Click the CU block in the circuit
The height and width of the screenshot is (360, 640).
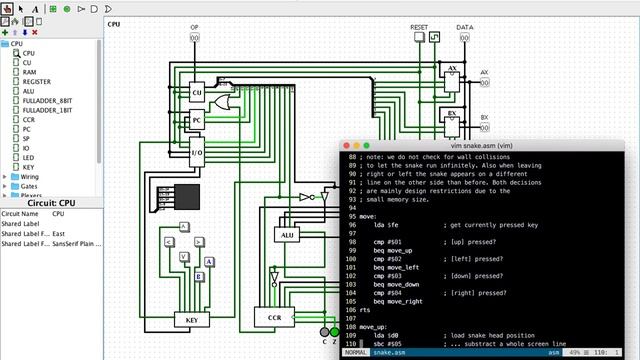pyautogui.click(x=197, y=92)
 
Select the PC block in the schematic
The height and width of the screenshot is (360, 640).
pyautogui.click(x=197, y=121)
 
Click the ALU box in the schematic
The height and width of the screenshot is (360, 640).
pyautogui.click(x=287, y=235)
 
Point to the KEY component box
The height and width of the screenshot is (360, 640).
pyautogui.click(x=191, y=320)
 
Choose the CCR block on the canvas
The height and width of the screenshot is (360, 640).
pyautogui.click(x=274, y=318)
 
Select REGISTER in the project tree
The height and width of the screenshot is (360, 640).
pyautogui.click(x=36, y=82)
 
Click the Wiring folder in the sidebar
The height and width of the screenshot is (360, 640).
pyautogui.click(x=30, y=177)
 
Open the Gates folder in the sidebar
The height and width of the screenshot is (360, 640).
pyautogui.click(x=29, y=187)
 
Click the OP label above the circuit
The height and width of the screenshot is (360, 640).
pyautogui.click(x=195, y=28)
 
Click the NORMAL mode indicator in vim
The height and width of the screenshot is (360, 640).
pyautogui.click(x=356, y=353)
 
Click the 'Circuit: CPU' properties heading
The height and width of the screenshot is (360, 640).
pyautogui.click(x=47, y=203)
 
